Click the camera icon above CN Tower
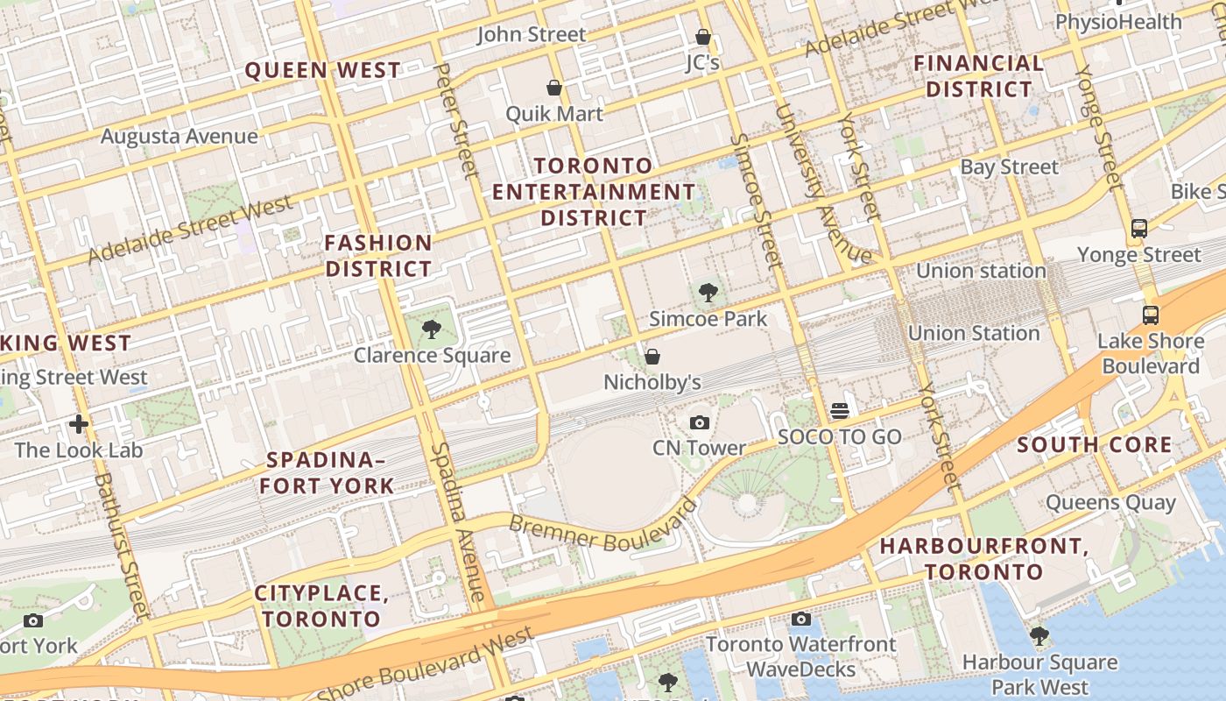(x=699, y=423)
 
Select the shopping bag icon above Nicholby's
(x=652, y=357)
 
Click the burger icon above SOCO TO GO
(x=840, y=411)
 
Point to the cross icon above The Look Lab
(x=79, y=425)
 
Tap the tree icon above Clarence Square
(x=431, y=329)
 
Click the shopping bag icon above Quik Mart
(x=554, y=88)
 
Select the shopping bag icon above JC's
(x=702, y=37)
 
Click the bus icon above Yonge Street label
(x=1138, y=229)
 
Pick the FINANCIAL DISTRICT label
(x=979, y=76)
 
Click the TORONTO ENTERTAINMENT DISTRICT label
(x=594, y=191)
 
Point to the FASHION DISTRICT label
(x=378, y=256)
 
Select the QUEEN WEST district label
(x=322, y=70)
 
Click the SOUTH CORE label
(x=1094, y=445)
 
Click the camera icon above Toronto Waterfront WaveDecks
(x=800, y=620)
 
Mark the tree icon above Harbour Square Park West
(x=1039, y=636)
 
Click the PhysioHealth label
(x=1118, y=21)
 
